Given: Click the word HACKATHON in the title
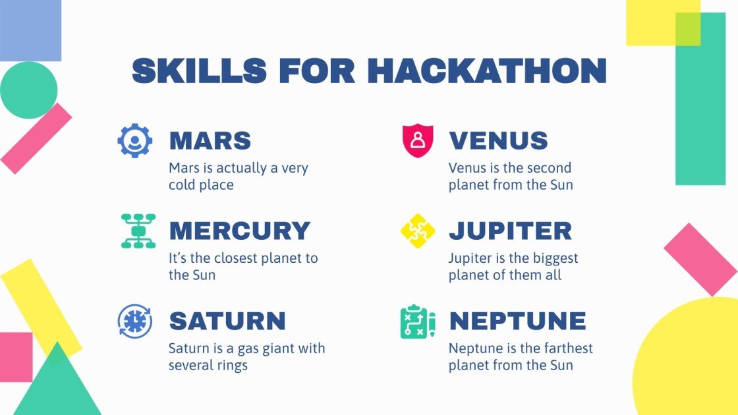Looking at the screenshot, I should tap(487, 70).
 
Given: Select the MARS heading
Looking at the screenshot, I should tap(210, 140).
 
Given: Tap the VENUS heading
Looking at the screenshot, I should tap(498, 140).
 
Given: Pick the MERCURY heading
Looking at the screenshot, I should tap(239, 231).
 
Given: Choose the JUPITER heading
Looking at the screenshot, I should tap(510, 231).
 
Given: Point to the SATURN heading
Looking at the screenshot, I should tap(227, 321).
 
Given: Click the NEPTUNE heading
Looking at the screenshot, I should tap(517, 321).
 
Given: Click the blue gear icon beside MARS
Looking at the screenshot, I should tap(135, 140).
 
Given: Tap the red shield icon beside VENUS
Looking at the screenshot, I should tap(418, 140).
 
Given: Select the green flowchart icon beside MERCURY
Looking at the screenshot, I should tap(138, 231).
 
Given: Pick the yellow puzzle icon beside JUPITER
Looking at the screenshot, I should tap(418, 231).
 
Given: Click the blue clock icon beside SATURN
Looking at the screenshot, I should tap(135, 321).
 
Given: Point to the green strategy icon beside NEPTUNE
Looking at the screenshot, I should tap(418, 321).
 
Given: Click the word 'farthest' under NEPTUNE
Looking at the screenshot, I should tap(566, 348).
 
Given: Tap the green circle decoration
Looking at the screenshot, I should tap(28, 90).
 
